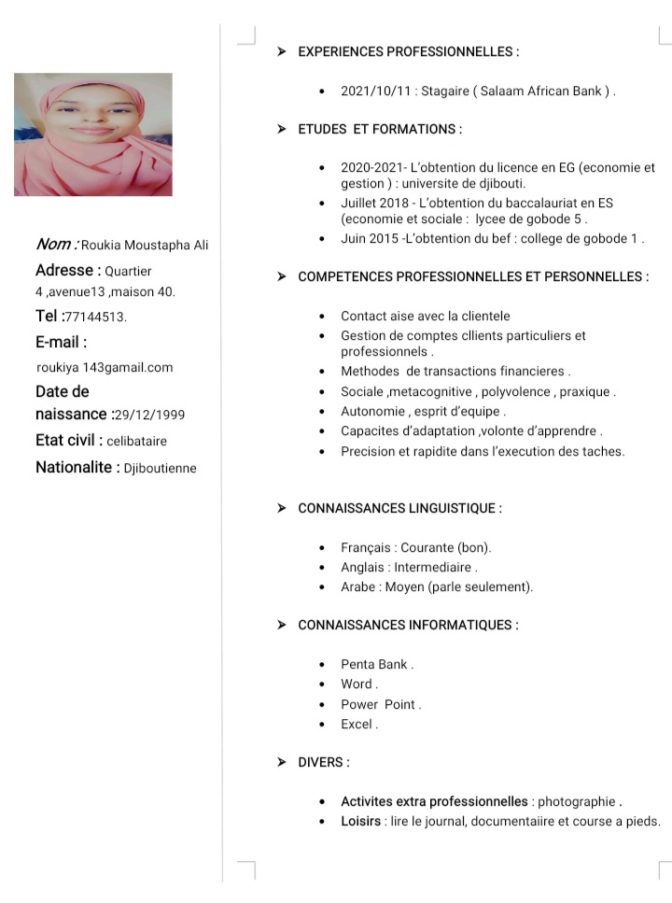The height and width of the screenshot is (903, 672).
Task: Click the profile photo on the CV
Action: pos(92,134)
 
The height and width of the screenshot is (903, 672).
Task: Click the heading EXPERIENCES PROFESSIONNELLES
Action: pos(408,51)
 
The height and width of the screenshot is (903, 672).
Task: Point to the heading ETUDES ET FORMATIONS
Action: pos(380,129)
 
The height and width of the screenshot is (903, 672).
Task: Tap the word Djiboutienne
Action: pos(160,468)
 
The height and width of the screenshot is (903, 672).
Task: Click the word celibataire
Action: pos(136,441)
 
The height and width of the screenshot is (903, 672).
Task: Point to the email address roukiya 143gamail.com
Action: pos(105,367)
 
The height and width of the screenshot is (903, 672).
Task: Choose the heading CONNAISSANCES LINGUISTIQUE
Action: pos(399,508)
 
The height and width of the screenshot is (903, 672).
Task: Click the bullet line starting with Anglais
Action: pos(409,567)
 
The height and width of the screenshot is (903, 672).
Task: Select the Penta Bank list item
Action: pos(376,664)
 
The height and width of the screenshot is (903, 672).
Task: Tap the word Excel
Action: pos(358,724)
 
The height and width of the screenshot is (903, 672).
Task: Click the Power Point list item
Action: pos(380,704)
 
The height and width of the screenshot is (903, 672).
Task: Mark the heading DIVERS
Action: pos(323,762)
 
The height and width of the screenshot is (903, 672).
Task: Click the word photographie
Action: pos(577,801)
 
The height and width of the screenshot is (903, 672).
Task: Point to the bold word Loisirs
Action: pos(360,821)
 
